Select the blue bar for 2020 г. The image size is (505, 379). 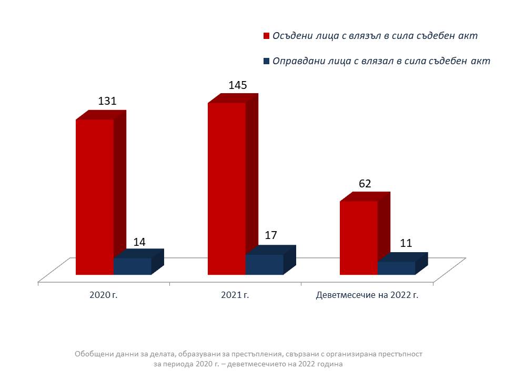click(x=133, y=266)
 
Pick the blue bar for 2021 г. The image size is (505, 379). click(x=265, y=264)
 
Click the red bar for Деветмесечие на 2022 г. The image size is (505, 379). click(x=359, y=237)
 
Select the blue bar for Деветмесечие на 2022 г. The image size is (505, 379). click(x=397, y=268)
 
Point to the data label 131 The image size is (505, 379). click(x=107, y=102)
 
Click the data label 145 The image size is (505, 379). click(x=238, y=85)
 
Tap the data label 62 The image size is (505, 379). click(x=365, y=184)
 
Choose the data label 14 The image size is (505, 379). click(x=139, y=242)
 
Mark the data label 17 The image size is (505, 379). click(x=271, y=235)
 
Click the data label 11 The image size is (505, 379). click(x=406, y=244)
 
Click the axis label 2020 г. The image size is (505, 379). click(x=104, y=295)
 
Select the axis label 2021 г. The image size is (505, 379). click(x=235, y=295)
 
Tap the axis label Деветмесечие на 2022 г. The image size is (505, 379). click(x=367, y=295)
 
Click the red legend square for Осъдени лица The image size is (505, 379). click(x=266, y=36)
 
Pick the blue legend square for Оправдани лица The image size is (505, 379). click(x=266, y=61)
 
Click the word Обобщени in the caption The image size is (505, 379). click(x=93, y=354)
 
